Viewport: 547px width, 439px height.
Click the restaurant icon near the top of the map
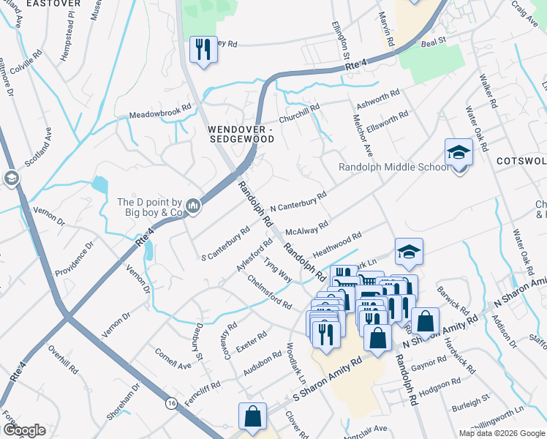(x=203, y=50)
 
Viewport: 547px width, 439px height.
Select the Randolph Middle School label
(x=393, y=168)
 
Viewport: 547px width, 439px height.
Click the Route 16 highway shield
(x=171, y=403)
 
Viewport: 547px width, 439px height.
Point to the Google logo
(x=23, y=430)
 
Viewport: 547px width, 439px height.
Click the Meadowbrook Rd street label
(x=159, y=116)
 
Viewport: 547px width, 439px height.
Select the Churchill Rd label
(x=299, y=114)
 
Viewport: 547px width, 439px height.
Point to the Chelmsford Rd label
(x=269, y=291)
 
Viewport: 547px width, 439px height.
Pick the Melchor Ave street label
(x=363, y=138)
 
